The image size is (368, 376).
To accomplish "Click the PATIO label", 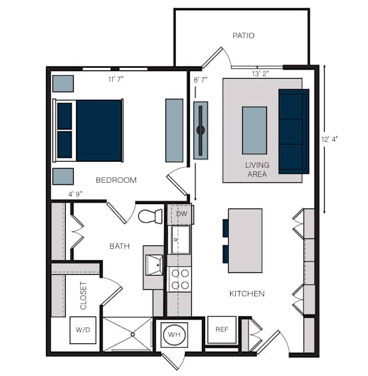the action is [243, 36].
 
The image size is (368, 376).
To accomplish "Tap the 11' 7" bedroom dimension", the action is [116, 79].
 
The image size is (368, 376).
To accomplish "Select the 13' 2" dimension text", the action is [260, 74].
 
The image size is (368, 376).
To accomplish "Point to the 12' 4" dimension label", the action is [330, 139].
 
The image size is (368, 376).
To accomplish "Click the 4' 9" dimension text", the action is [75, 194].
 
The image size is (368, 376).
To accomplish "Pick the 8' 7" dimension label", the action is [201, 80].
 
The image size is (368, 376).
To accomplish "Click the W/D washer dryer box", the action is [83, 330].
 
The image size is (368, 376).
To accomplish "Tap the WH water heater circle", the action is [174, 334].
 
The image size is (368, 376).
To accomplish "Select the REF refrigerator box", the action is [222, 330].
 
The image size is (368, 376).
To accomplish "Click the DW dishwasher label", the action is [181, 214].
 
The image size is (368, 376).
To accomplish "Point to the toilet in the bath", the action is [150, 216].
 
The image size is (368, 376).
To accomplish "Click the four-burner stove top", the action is [180, 279].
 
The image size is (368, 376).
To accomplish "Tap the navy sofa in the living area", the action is [294, 132].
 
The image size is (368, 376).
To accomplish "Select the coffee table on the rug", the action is [254, 130].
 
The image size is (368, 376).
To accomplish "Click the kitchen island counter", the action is [245, 240].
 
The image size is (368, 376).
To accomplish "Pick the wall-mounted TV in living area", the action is [201, 130].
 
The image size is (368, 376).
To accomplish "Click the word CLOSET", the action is [83, 295].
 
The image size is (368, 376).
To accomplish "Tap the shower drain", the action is [133, 334].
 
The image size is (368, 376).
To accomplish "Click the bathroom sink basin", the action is [155, 265].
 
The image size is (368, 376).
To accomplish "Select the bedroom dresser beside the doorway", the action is [174, 130].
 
